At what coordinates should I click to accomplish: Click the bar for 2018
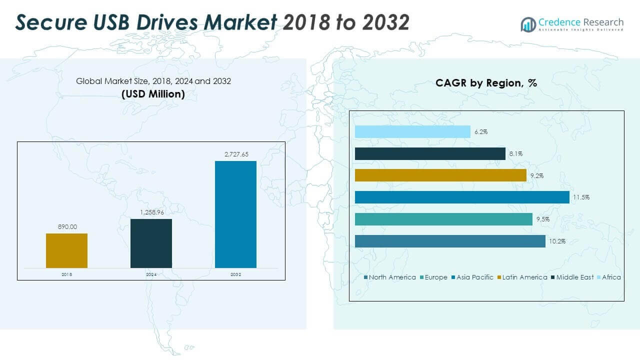coord(66,250)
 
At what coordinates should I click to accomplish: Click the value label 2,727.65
coord(235,154)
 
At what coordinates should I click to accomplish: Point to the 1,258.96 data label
coord(151,212)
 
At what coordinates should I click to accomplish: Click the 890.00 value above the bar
coord(66,227)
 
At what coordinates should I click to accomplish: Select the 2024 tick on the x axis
coord(151,274)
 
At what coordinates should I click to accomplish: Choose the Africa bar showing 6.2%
coord(412,131)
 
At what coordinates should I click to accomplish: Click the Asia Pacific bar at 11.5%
coord(462,197)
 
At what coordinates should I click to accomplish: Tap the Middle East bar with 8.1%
coord(430,153)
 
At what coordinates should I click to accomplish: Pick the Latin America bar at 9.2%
coord(440,175)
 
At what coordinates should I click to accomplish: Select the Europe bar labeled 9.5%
coord(443,219)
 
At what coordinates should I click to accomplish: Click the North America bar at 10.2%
coord(450,241)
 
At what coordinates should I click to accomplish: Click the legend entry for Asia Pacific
coord(472,277)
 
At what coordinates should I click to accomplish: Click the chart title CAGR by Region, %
coord(486,83)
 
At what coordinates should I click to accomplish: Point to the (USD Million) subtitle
coord(153,93)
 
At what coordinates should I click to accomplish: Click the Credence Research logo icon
coord(528,24)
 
